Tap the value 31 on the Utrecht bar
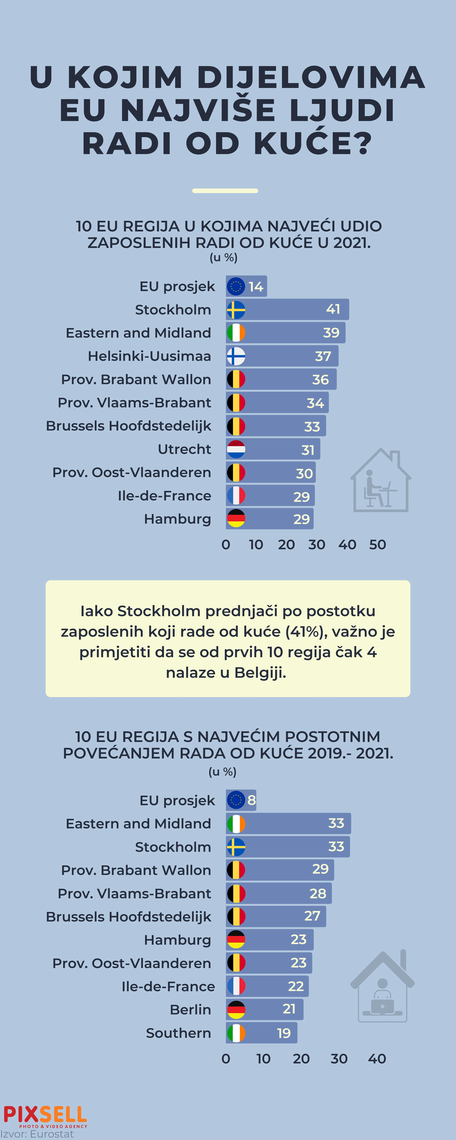(308, 450)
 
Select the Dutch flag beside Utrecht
(236, 449)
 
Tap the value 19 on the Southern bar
(284, 1033)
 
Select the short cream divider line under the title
(225, 191)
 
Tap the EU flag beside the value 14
(236, 286)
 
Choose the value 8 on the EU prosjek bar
(251, 800)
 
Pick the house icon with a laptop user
(382, 987)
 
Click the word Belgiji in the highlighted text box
(260, 673)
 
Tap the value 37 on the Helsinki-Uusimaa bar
(323, 356)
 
